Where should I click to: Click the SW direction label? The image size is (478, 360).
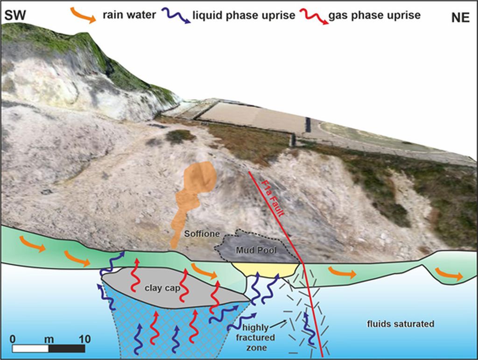[14, 16]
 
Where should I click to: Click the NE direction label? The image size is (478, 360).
[461, 17]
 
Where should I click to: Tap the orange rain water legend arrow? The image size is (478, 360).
[84, 14]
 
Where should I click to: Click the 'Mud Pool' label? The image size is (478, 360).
[256, 250]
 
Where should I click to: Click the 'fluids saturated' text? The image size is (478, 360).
[401, 324]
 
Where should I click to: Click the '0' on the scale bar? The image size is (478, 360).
[14, 339]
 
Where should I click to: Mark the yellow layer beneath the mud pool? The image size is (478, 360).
[265, 269]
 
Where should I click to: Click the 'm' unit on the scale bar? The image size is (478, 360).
[49, 339]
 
